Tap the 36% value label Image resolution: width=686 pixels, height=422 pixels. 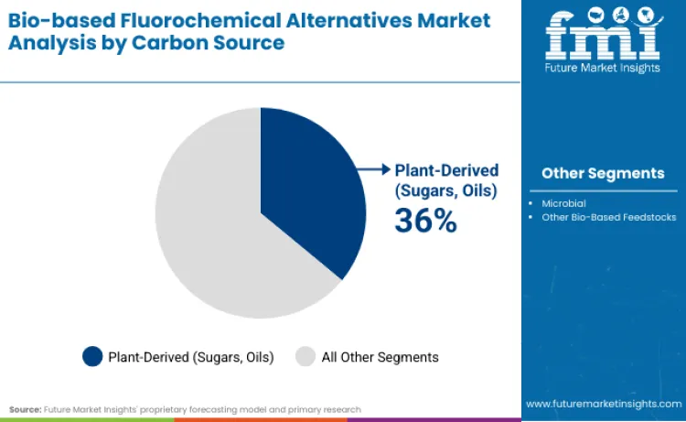[425, 220]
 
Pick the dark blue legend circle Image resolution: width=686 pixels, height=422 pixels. [93, 357]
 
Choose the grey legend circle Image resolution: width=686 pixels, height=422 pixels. [306, 357]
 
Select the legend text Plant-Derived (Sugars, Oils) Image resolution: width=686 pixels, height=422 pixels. [191, 357]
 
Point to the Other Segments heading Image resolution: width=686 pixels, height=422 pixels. [603, 173]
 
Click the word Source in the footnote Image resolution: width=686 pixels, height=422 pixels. [26, 409]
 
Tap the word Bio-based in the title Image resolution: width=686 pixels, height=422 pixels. [56, 20]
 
